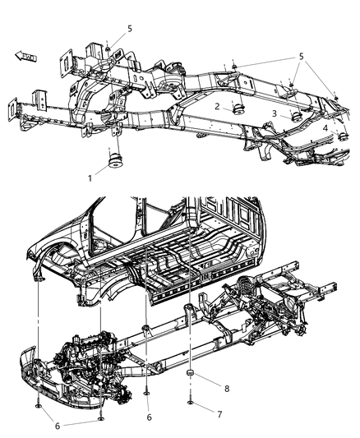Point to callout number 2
[x=218, y=107]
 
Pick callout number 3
[x=274, y=116]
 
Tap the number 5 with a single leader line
[x=129, y=29]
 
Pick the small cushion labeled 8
[x=190, y=376]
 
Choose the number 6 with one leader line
[x=148, y=417]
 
